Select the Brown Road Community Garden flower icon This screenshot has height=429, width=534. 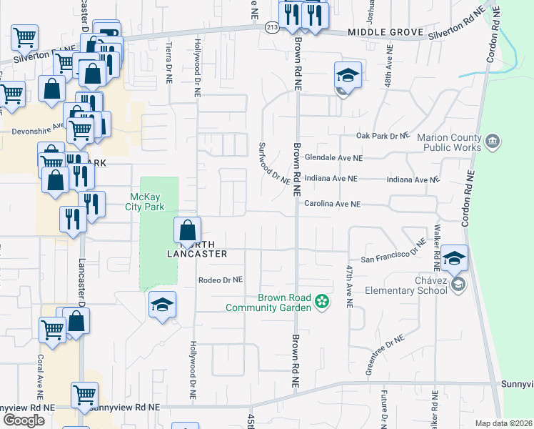[x=321, y=302]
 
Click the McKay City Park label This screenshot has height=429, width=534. [x=148, y=202]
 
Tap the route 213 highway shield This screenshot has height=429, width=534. [x=271, y=27]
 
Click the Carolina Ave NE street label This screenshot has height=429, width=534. [x=333, y=204]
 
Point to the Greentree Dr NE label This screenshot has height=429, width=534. [x=384, y=355]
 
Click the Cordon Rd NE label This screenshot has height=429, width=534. [x=468, y=198]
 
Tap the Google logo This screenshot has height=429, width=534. [x=24, y=420]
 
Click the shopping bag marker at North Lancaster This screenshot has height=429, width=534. [x=187, y=230]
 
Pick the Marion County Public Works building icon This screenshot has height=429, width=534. [x=492, y=142]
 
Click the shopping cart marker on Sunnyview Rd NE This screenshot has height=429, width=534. [x=85, y=395]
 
